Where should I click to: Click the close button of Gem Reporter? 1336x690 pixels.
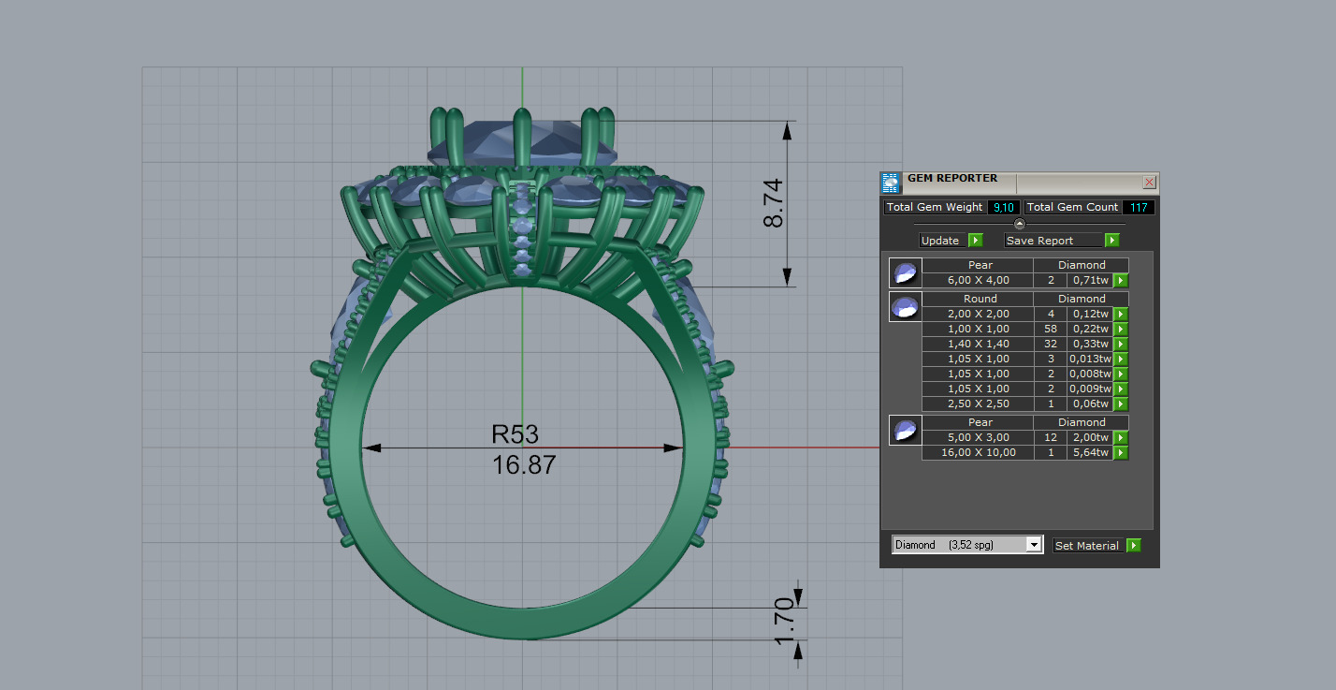1150,183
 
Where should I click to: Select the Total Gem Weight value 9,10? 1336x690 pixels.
1004,208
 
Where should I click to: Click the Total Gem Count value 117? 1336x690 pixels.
1137,208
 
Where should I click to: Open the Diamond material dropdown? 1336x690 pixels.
1034,545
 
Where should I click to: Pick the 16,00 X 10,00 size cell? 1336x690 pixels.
978,453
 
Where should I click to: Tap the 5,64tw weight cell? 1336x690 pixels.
1088,453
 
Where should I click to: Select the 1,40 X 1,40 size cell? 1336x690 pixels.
978,345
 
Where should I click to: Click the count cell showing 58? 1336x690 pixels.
1050,330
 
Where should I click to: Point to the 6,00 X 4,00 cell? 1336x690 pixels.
978,281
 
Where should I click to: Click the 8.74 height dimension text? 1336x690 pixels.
774,203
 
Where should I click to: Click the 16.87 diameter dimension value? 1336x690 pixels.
524,464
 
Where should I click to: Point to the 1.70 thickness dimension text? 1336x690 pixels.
785,621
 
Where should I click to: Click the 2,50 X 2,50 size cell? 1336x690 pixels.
978,404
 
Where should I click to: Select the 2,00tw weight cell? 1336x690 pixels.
1088,438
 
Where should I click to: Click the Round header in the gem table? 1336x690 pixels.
980,299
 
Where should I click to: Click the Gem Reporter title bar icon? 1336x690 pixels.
891,183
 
